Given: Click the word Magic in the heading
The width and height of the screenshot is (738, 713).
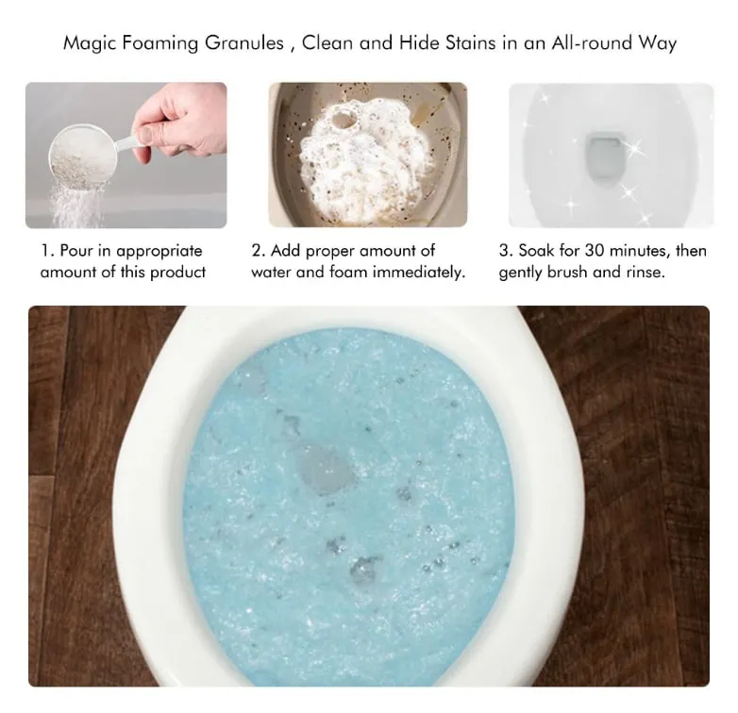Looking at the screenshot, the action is (90, 43).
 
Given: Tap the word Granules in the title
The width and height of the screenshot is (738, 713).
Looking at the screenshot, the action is (244, 42).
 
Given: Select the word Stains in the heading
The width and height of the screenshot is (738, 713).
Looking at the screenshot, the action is (470, 42).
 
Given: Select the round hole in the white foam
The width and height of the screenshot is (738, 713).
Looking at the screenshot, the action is (344, 118).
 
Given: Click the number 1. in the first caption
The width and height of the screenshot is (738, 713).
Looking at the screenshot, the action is (47, 250).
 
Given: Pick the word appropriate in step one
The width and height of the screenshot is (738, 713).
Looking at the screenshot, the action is (159, 252).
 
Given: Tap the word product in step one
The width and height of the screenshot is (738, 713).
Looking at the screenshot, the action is (178, 273).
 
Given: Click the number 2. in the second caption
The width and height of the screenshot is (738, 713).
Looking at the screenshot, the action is (259, 250).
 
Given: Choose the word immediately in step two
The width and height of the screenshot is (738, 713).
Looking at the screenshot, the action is (419, 272).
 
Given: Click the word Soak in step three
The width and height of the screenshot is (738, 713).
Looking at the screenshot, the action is (536, 250).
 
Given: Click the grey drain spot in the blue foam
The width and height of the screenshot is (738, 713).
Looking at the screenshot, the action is (326, 469).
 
